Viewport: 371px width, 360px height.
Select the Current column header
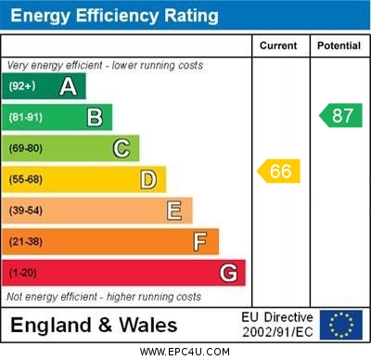coord(278,45)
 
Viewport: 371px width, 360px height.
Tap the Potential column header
coord(339,45)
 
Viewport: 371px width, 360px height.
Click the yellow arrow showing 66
coord(278,171)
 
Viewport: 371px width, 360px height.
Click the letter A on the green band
coord(68,86)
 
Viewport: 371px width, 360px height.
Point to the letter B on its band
coord(95,117)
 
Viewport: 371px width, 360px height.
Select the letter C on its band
coord(122,148)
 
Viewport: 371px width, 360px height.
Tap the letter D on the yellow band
coord(148,179)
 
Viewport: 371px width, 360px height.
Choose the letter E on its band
coord(174,211)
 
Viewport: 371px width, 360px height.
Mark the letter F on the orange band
coord(200,242)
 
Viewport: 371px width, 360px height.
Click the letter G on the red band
coord(228,273)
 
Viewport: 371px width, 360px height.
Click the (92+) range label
coord(23,86)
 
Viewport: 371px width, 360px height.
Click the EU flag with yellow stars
coord(341,324)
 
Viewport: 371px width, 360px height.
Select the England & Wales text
coord(94,325)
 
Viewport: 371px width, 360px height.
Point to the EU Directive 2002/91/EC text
coord(277,324)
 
